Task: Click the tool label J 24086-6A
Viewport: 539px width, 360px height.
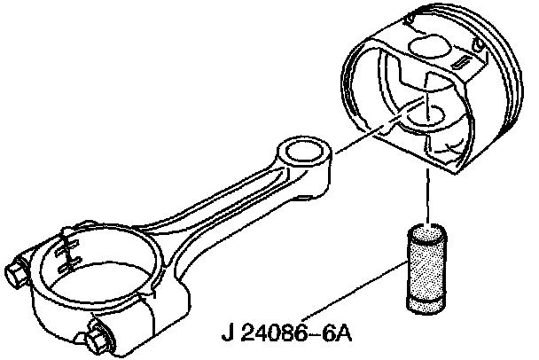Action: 285,337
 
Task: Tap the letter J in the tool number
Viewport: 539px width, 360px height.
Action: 227,337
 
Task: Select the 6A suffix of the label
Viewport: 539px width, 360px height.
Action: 335,337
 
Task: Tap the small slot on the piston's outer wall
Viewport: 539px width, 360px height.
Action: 463,63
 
